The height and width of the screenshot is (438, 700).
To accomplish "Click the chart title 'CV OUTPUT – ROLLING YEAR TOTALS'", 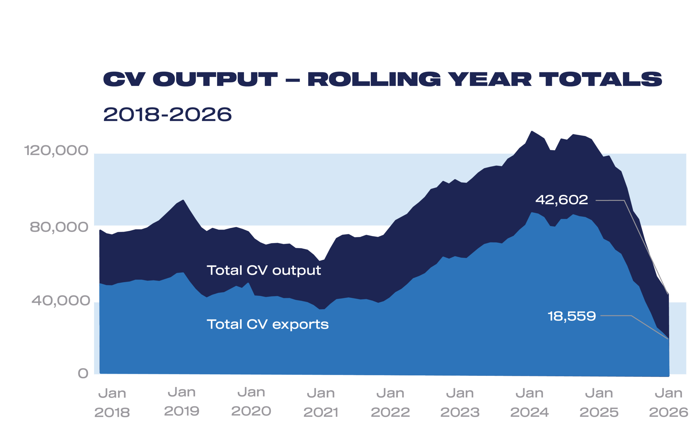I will (382, 79).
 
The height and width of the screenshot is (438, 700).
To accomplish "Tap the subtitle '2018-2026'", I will (167, 114).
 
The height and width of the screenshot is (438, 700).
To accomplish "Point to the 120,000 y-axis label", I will (56, 151).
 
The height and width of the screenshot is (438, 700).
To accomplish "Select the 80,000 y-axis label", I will (59, 227).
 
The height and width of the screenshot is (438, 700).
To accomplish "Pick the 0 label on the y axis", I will (83, 373).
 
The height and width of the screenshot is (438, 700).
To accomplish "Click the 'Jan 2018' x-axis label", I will (112, 403).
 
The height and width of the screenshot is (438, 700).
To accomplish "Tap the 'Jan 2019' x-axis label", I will (182, 402).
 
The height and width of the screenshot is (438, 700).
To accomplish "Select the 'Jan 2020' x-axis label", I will (251, 402).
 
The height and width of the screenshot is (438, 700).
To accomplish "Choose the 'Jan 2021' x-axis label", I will (321, 403).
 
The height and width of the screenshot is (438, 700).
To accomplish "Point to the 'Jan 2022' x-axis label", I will (390, 403).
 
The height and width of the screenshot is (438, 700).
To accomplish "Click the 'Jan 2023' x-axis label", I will (460, 403).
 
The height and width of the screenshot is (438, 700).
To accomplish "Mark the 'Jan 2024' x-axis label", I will (529, 403).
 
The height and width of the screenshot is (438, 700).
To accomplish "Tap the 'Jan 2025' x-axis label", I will (599, 403).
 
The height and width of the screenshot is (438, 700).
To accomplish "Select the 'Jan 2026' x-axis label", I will (669, 403).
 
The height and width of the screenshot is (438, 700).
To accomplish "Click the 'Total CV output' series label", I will (264, 271).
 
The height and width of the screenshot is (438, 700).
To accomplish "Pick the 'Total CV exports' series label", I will (267, 324).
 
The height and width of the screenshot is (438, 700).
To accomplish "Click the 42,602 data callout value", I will (562, 200).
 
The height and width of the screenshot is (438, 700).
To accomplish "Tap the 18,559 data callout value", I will (572, 316).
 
